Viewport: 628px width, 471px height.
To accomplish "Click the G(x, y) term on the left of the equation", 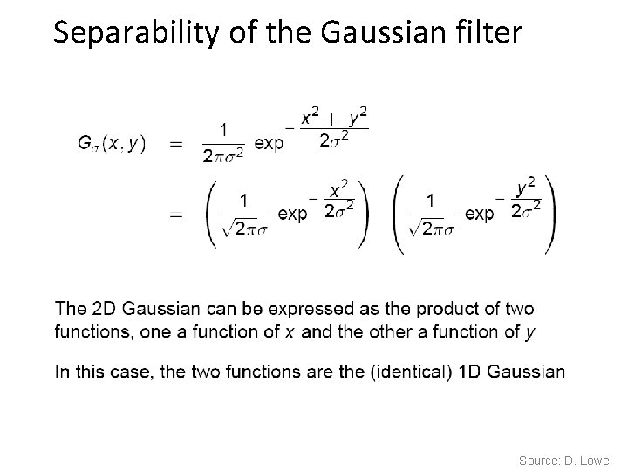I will click(112, 143).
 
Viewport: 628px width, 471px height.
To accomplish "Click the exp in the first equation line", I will click(269, 144).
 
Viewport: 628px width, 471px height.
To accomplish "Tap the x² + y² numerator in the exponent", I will click(334, 114).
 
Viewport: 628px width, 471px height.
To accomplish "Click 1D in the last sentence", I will click(472, 372).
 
